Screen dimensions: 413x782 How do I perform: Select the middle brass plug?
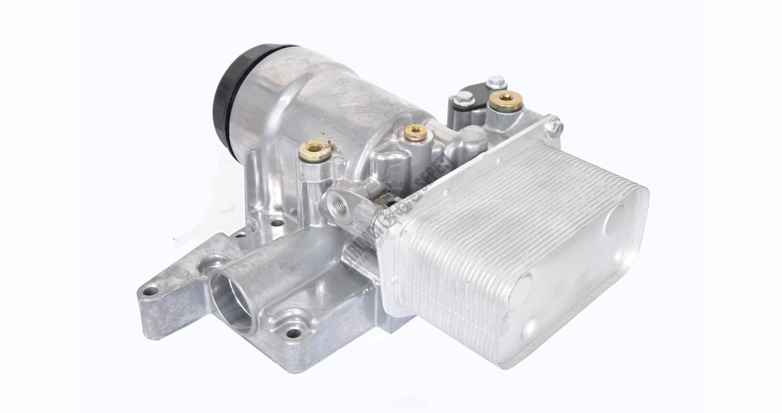(414, 131)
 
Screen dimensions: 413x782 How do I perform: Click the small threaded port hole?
(336, 202)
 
